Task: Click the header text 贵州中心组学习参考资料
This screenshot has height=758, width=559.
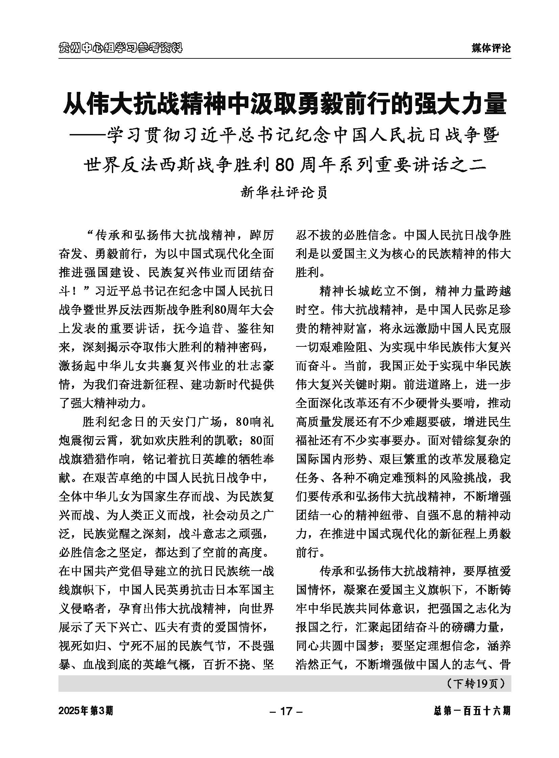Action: [120, 48]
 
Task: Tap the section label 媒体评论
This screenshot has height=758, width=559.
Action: [491, 48]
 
